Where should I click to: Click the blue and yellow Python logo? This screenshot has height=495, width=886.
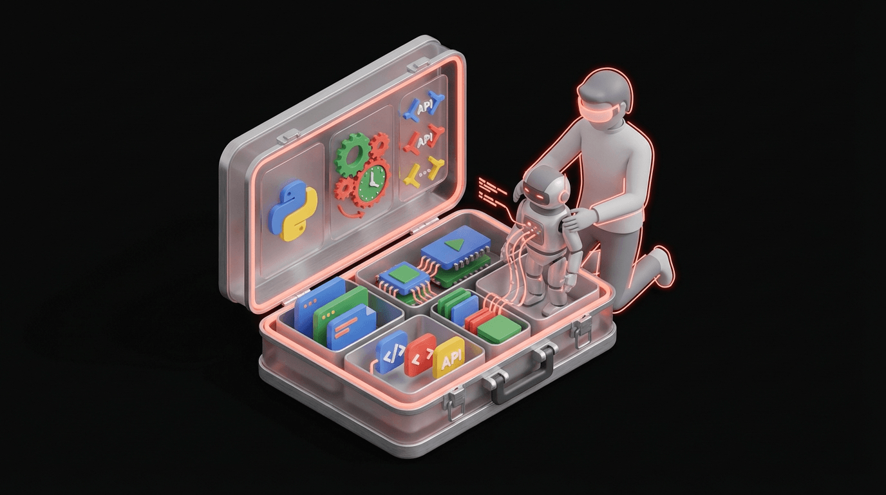click(x=293, y=210)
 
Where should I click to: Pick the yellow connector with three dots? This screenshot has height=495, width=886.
click(x=422, y=173)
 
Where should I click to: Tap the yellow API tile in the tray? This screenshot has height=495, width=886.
click(x=449, y=363)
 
